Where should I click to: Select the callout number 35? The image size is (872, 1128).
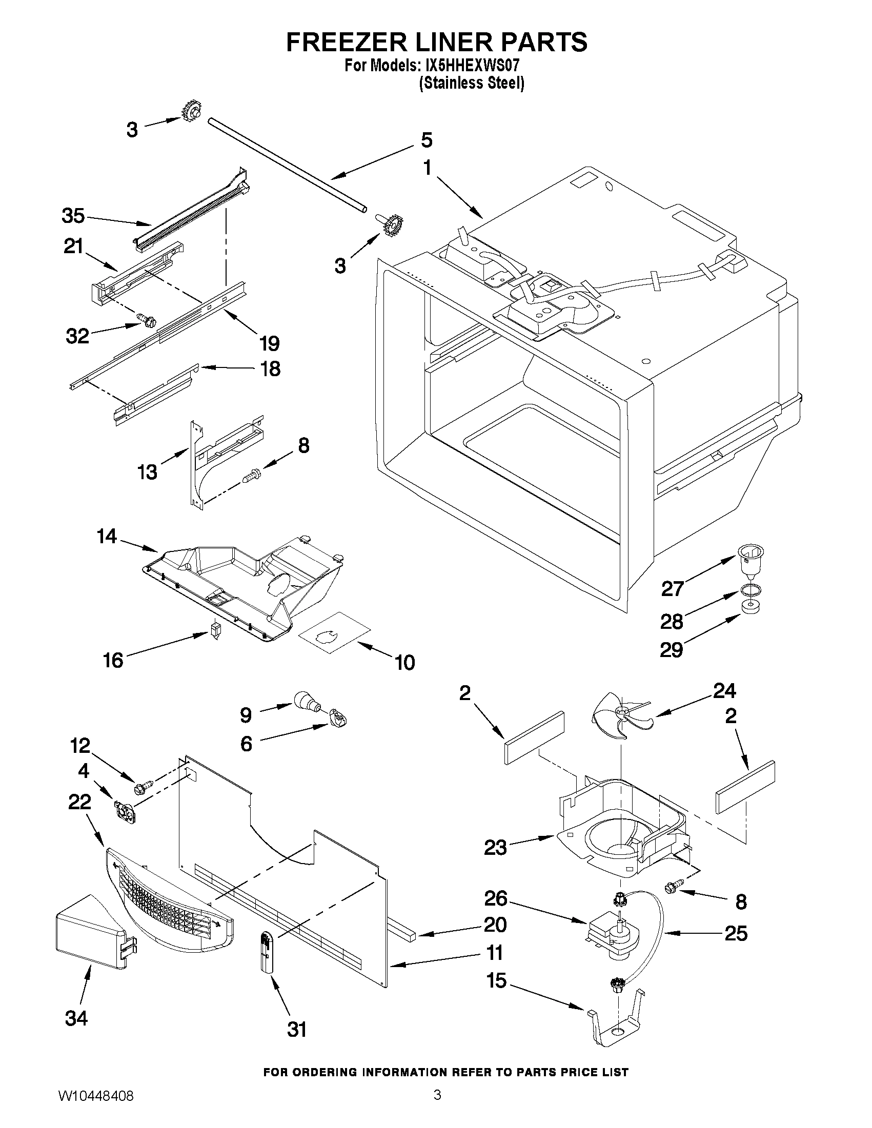click(73, 215)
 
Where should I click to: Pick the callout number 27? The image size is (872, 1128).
click(672, 588)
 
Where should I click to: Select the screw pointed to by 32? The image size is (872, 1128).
click(146, 320)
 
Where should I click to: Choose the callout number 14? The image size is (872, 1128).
click(107, 537)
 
